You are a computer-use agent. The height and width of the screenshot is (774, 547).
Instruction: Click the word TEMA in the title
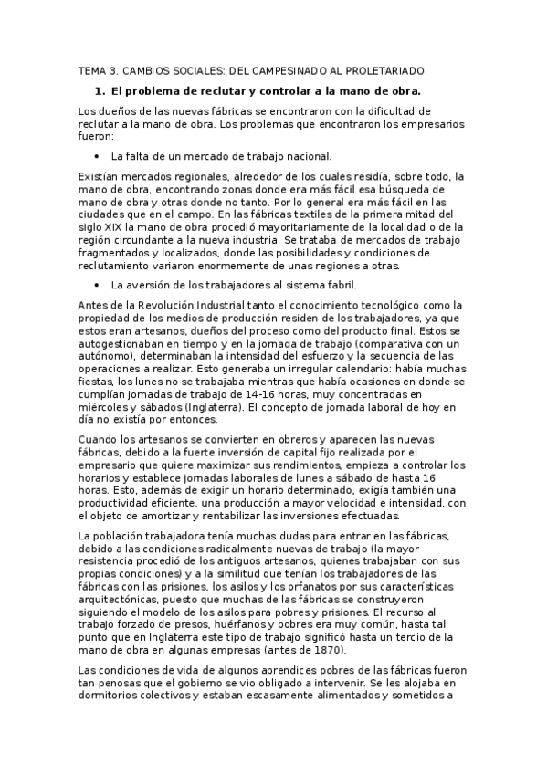point(89,69)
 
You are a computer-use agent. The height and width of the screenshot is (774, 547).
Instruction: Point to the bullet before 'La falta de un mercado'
point(96,156)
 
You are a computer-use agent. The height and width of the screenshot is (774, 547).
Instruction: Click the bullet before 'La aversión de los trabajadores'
point(96,285)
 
